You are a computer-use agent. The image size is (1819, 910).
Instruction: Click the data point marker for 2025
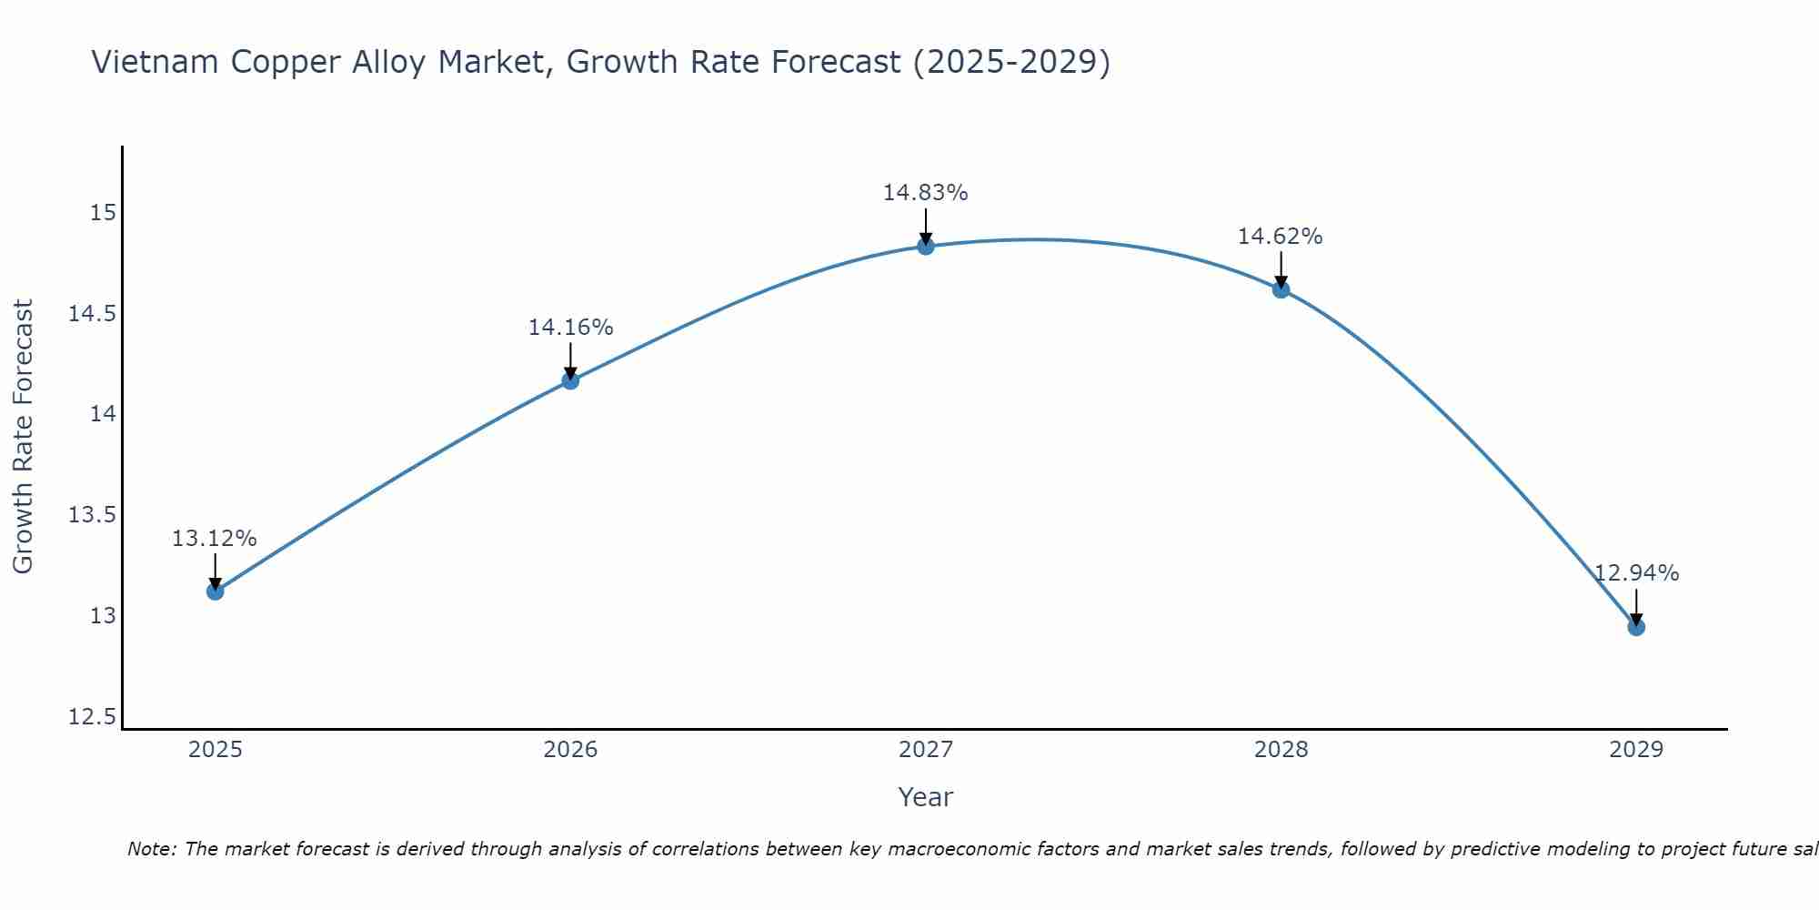coord(215,591)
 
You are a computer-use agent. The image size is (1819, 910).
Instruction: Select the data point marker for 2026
coord(570,380)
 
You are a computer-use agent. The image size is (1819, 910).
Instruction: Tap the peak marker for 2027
coord(926,246)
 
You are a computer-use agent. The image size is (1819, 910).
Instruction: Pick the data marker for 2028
coord(1281,289)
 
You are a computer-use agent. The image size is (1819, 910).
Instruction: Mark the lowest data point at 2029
coord(1635,627)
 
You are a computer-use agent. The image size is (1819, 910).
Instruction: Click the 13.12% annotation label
coord(215,539)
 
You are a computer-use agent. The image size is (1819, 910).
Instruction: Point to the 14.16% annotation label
coord(570,328)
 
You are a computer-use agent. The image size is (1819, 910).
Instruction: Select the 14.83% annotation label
coord(926,193)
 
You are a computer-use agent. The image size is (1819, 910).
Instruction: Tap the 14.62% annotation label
coord(1281,237)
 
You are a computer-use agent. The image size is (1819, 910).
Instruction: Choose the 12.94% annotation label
coord(1636,573)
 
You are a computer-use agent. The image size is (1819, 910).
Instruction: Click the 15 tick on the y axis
coord(104,213)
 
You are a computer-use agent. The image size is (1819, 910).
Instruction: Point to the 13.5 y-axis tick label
coord(93,515)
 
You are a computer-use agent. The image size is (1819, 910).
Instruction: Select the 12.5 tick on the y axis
coord(93,717)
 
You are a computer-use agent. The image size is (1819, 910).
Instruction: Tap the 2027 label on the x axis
coord(926,750)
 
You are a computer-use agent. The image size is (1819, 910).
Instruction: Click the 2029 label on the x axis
coord(1635,750)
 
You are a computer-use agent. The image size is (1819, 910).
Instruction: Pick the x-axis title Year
coord(926,797)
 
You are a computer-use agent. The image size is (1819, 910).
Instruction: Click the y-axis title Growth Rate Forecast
coord(24,437)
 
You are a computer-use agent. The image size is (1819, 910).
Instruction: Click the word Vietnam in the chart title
coord(156,63)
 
